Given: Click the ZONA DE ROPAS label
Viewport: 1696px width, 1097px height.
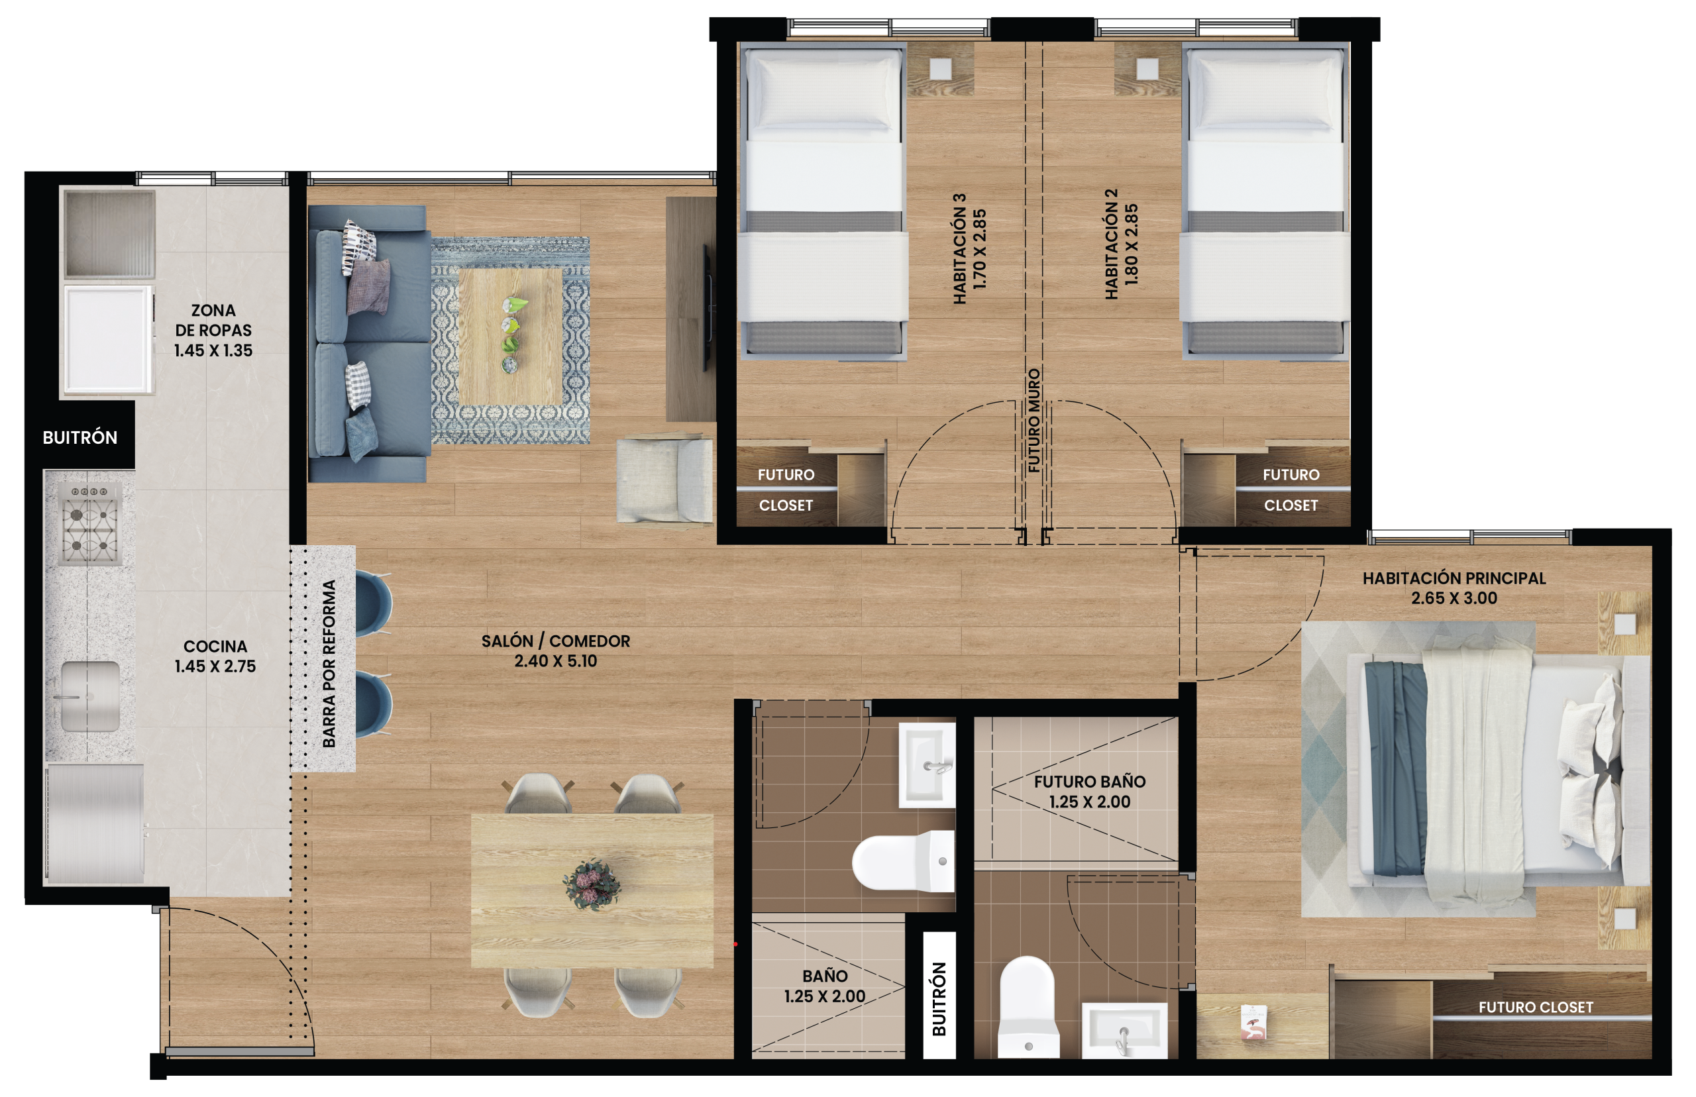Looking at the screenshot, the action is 213,330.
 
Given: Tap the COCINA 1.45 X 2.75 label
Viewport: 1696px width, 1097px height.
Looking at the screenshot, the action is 215,656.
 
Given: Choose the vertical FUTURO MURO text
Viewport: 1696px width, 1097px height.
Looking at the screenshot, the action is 1033,420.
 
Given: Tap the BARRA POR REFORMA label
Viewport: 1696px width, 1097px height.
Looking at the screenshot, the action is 329,663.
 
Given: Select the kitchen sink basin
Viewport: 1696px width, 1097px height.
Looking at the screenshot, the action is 89,696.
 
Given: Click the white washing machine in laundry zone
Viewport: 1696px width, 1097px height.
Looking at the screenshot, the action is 108,340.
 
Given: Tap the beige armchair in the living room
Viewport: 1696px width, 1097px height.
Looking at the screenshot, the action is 664,481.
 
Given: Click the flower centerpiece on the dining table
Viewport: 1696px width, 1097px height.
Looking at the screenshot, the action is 592,886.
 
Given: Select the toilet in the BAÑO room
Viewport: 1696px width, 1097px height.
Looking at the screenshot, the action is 903,861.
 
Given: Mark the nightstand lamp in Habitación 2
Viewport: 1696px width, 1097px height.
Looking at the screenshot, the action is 1147,68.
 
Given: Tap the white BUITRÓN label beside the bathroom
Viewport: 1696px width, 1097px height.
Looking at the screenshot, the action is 939,999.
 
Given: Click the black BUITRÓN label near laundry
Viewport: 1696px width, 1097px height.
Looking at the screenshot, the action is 79,437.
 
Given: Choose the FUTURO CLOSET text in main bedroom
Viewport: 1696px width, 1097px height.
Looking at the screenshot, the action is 1536,1008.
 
